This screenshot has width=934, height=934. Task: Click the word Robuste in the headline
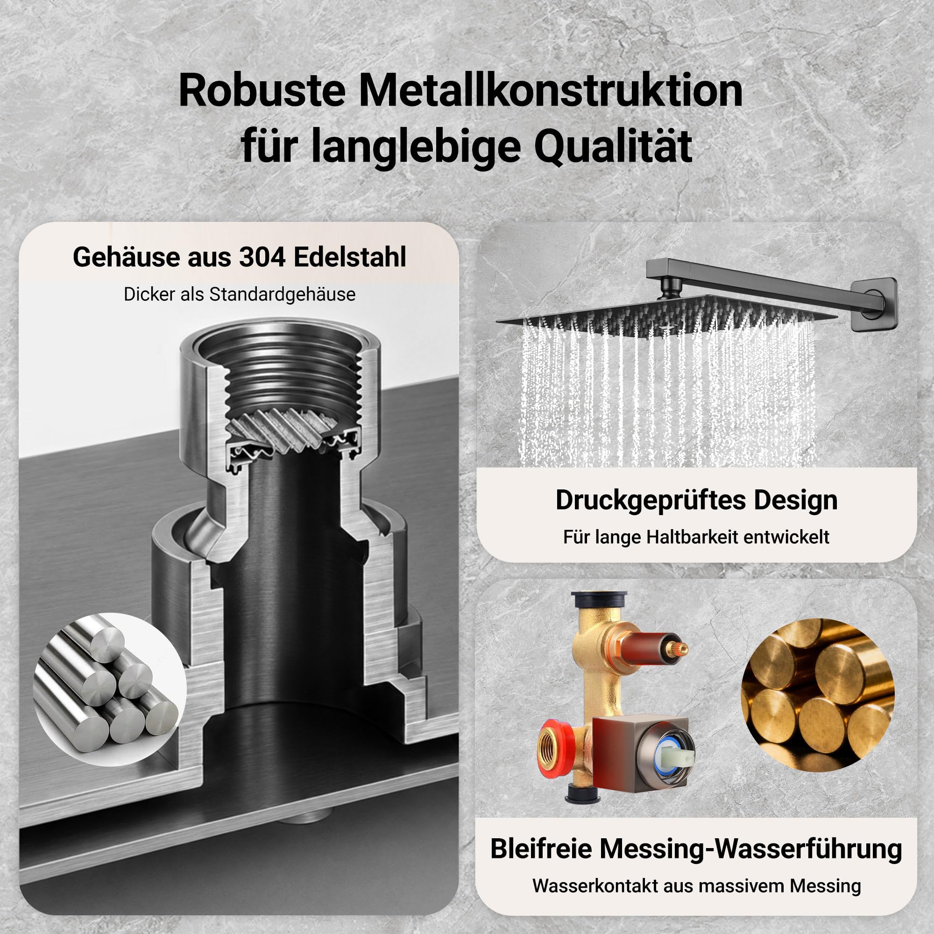tap(262, 92)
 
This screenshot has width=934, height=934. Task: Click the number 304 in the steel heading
tap(262, 257)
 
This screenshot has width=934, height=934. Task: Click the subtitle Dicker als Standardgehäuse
tap(239, 294)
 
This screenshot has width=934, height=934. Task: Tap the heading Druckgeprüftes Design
tap(697, 500)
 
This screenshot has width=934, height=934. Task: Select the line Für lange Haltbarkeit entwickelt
tap(696, 537)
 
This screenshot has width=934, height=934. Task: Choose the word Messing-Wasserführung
tap(751, 849)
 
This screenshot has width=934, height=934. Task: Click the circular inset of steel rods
tap(110, 690)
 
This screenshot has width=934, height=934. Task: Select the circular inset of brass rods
tap(818, 695)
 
